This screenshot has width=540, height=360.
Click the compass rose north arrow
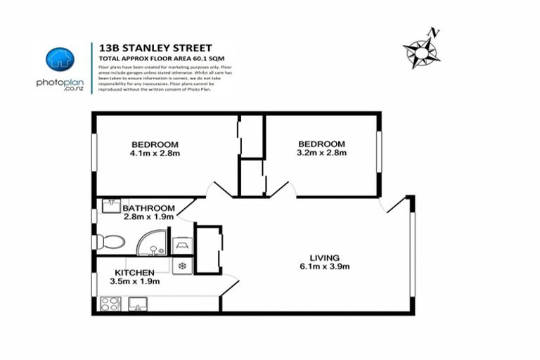tap(421, 50)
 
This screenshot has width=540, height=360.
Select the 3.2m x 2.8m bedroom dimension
tap(321, 153)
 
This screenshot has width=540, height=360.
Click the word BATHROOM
tap(148, 208)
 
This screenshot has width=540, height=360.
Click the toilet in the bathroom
tap(110, 242)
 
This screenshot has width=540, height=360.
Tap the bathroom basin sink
tap(110, 206)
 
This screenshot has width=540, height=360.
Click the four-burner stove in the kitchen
tap(110, 304)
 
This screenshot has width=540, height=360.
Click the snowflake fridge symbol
tap(182, 266)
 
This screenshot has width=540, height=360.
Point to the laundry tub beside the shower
tap(181, 245)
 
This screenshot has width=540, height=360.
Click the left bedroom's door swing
tap(220, 189)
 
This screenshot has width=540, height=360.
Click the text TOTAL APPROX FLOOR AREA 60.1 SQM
tap(157, 58)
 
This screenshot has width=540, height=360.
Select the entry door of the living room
tap(395, 205)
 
